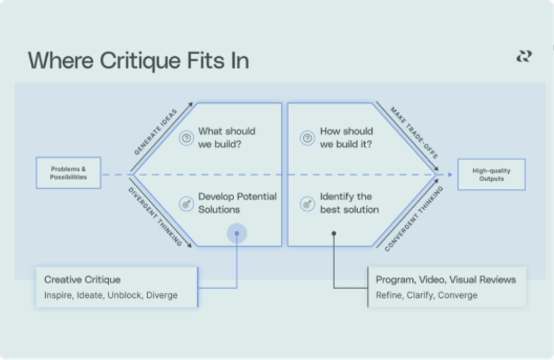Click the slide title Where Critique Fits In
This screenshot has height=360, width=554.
pos(138,61)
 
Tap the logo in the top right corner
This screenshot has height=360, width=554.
pos(524,57)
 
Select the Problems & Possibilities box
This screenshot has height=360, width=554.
pos(68,173)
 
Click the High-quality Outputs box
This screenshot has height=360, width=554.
pos(491,174)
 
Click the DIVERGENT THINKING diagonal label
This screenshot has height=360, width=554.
pos(155,216)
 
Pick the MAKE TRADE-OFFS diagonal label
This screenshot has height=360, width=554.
pos(414,132)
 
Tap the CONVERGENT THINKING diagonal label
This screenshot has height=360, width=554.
pos(414,219)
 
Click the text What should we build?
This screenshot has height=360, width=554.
pos(227,138)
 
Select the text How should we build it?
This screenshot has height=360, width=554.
pos(346,138)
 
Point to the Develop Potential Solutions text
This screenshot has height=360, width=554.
pos(237,203)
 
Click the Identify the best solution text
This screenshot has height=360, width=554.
pos(349,203)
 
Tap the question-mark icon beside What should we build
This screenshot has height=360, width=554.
pos(187,138)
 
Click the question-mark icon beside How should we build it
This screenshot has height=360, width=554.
pos(307,138)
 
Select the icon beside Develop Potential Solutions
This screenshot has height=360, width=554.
pos(187,204)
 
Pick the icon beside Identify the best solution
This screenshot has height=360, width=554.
pos(307,204)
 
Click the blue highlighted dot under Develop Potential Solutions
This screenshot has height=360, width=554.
pos(237,233)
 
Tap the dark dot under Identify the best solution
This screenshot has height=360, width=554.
pos(334,233)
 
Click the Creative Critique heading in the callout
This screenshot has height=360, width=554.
pos(82,280)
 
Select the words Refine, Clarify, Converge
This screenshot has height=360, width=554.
pos(427,295)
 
